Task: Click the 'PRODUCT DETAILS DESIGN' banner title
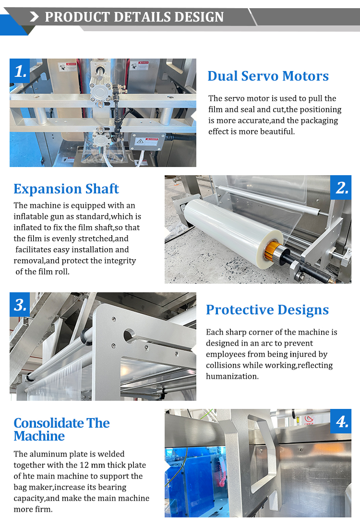[x=134, y=17]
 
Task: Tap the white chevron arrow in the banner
[x=34, y=17]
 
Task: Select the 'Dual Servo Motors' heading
[x=268, y=76]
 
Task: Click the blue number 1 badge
[x=20, y=71]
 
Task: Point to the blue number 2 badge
[x=341, y=187]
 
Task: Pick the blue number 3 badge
[x=20, y=304]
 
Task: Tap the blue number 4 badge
[x=341, y=421]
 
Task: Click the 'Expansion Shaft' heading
[x=66, y=189]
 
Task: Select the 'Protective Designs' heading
[x=267, y=310]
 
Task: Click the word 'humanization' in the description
[x=231, y=376]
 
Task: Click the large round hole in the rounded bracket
[x=129, y=335]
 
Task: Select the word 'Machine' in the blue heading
[x=39, y=436]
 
